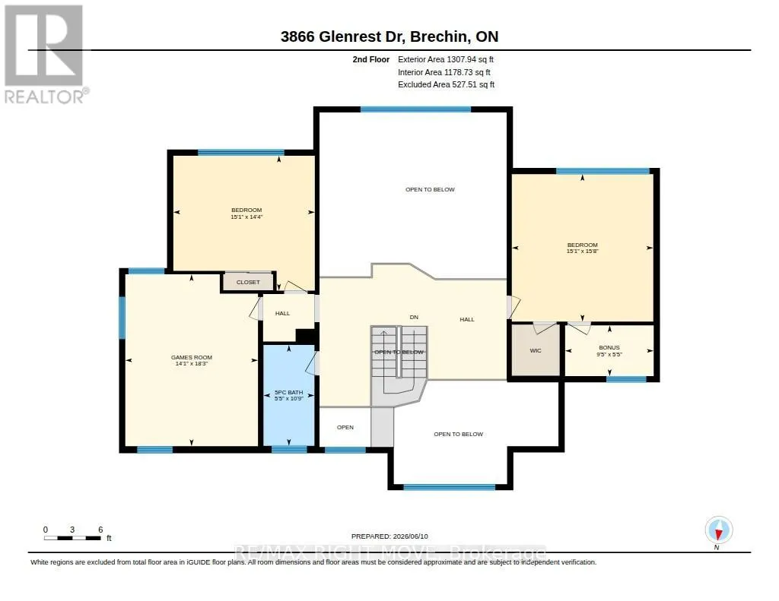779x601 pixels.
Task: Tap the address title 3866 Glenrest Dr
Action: point(343,36)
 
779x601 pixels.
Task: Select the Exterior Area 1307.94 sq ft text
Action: point(446,59)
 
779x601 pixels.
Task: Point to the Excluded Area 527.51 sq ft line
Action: point(446,85)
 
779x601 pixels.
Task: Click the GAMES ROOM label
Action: point(191,357)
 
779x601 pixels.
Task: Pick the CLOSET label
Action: point(248,283)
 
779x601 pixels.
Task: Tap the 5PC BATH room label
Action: point(288,393)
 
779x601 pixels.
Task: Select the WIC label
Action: point(536,351)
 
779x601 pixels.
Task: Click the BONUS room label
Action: point(609,348)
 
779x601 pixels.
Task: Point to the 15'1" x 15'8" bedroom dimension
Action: point(583,251)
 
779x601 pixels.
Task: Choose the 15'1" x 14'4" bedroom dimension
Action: point(246,217)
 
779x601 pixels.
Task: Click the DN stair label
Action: point(414,317)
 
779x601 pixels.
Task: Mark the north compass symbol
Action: point(718,531)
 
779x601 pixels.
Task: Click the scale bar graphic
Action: point(72,538)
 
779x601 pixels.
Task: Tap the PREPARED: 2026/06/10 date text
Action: point(389,536)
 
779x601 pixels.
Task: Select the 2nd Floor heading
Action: point(371,59)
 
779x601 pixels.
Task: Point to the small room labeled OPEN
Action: point(345,427)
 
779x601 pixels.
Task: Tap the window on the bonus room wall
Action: point(626,379)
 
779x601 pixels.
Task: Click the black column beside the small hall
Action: point(306,336)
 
